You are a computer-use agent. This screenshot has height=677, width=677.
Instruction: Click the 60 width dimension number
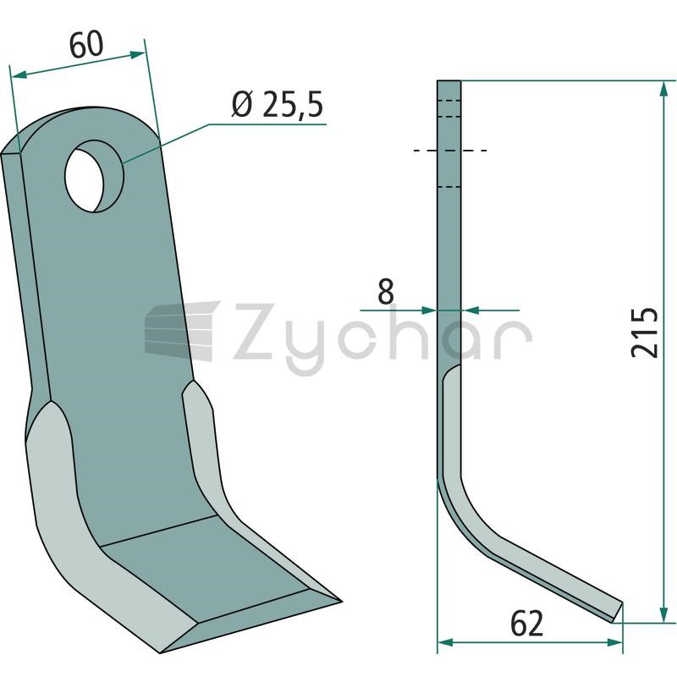tap(86, 45)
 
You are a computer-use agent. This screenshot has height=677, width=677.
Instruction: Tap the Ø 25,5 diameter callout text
tap(278, 105)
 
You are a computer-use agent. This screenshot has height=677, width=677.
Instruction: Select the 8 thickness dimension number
tap(386, 291)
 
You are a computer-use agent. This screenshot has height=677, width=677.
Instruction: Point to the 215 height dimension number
tap(644, 333)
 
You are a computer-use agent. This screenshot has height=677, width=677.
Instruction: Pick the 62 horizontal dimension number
tap(526, 624)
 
